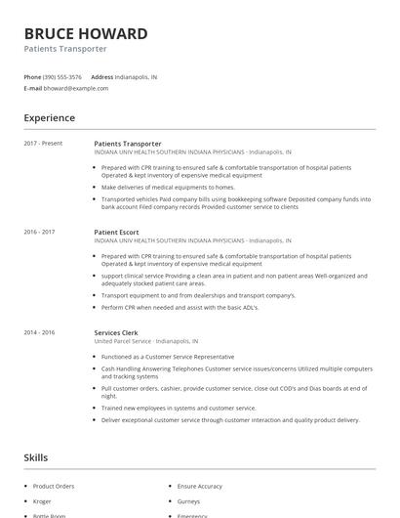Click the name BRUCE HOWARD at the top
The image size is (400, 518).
(86, 34)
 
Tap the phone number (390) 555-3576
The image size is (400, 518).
(63, 76)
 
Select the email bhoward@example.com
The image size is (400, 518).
(76, 88)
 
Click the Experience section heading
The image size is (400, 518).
(49, 118)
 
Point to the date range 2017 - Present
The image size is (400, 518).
(43, 144)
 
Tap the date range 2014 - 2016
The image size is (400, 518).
(39, 332)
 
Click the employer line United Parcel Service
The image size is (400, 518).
(145, 342)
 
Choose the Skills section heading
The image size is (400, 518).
(36, 457)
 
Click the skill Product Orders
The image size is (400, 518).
(53, 486)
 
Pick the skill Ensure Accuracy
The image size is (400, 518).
(199, 486)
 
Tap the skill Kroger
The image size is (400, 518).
(44, 500)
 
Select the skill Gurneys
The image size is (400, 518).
(188, 500)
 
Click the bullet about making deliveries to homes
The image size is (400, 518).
(168, 187)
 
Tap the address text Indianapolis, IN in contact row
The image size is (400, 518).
(136, 76)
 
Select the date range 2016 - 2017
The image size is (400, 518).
(39, 232)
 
